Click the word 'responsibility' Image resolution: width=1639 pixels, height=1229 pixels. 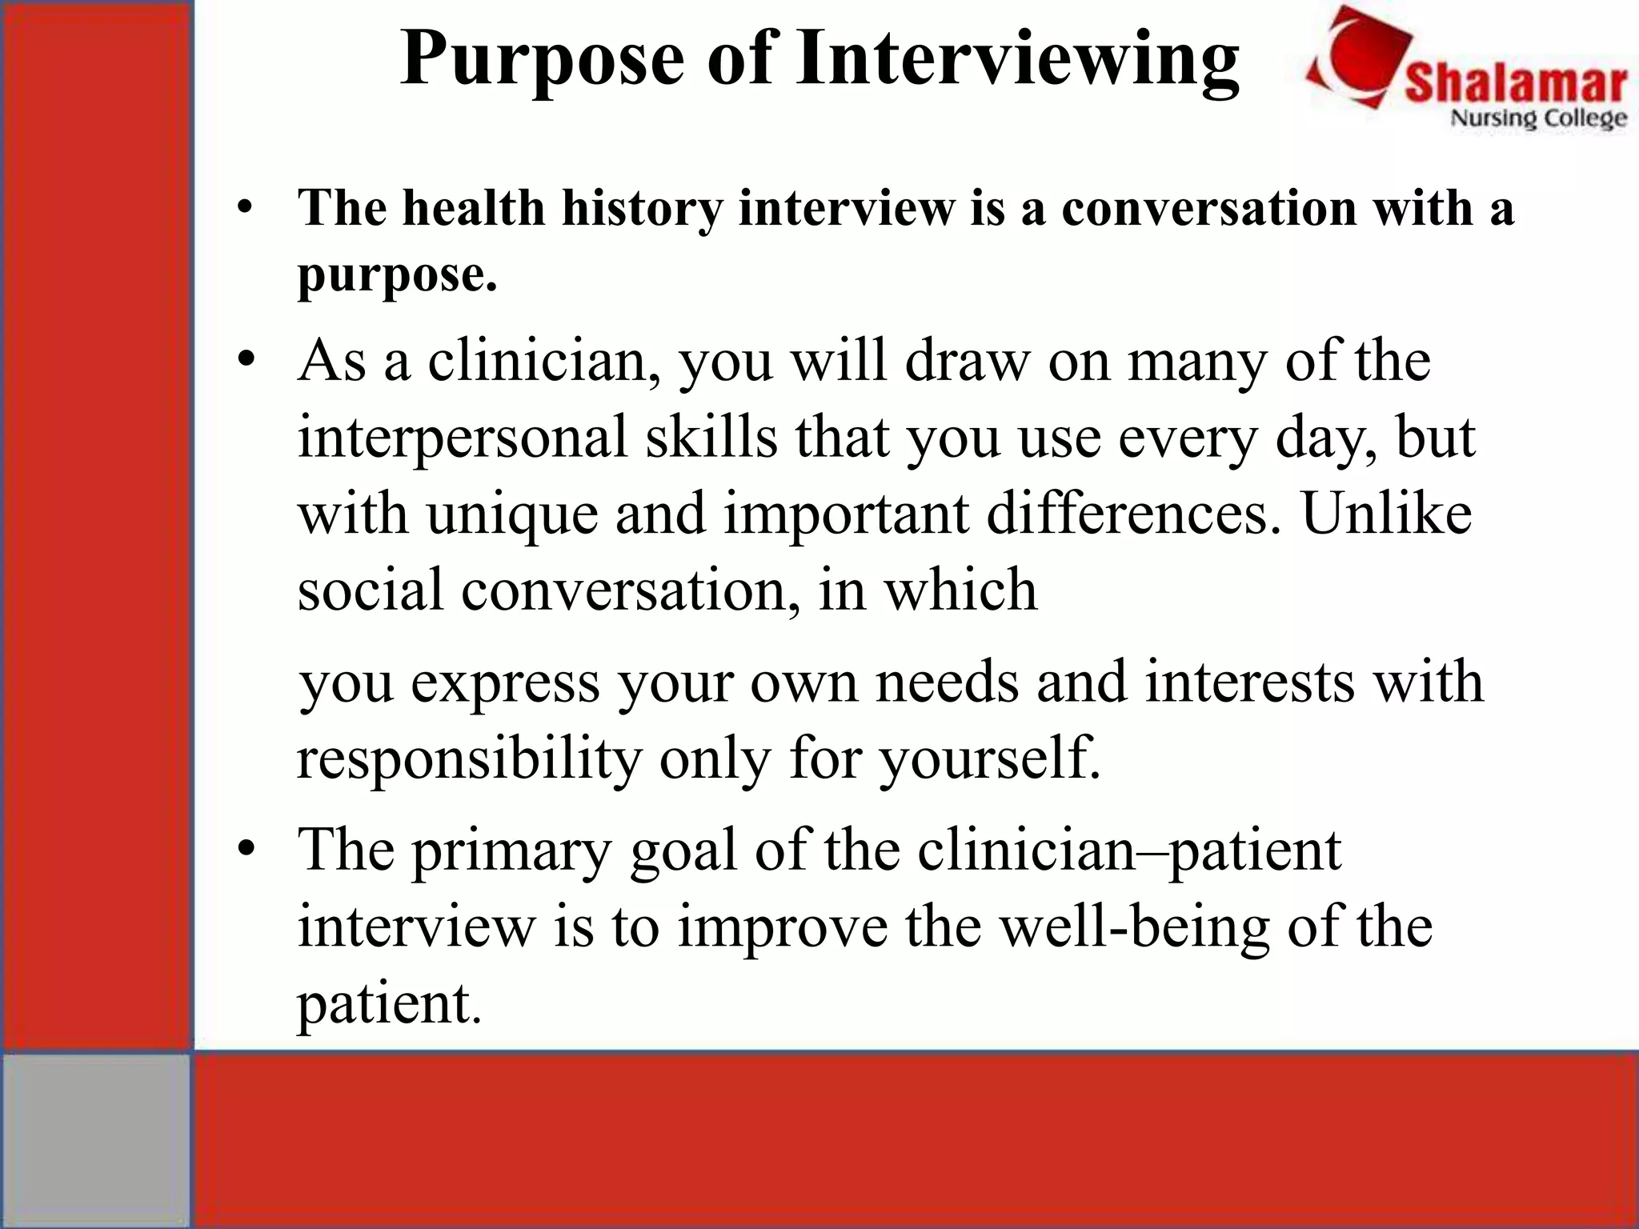469,758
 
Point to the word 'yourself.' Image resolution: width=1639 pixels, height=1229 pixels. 990,758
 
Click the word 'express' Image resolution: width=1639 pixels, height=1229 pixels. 505,682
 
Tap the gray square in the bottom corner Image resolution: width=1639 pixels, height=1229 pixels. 96,1139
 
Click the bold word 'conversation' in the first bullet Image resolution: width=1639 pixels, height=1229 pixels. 1208,209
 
